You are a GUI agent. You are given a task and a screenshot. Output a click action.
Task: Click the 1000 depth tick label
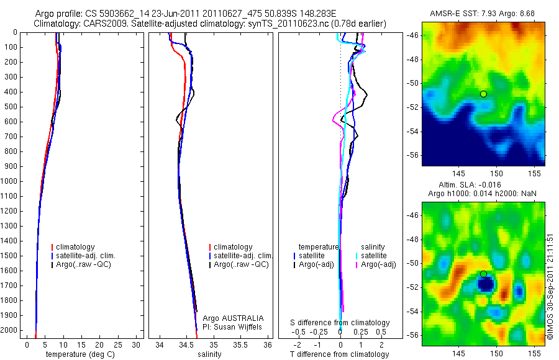click(x=9, y=181)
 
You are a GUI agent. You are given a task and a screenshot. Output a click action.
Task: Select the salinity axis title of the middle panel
click(x=209, y=354)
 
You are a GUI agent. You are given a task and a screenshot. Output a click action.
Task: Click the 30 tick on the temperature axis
click(x=136, y=344)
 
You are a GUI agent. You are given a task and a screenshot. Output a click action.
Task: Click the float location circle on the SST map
click(x=483, y=94)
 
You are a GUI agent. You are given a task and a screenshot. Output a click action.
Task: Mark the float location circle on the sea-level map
click(x=483, y=274)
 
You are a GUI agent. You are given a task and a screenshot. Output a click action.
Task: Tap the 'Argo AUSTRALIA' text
click(x=229, y=318)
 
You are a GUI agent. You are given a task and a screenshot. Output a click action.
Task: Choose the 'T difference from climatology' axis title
click(x=339, y=354)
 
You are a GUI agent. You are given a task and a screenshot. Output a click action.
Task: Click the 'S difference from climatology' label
click(x=340, y=323)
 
